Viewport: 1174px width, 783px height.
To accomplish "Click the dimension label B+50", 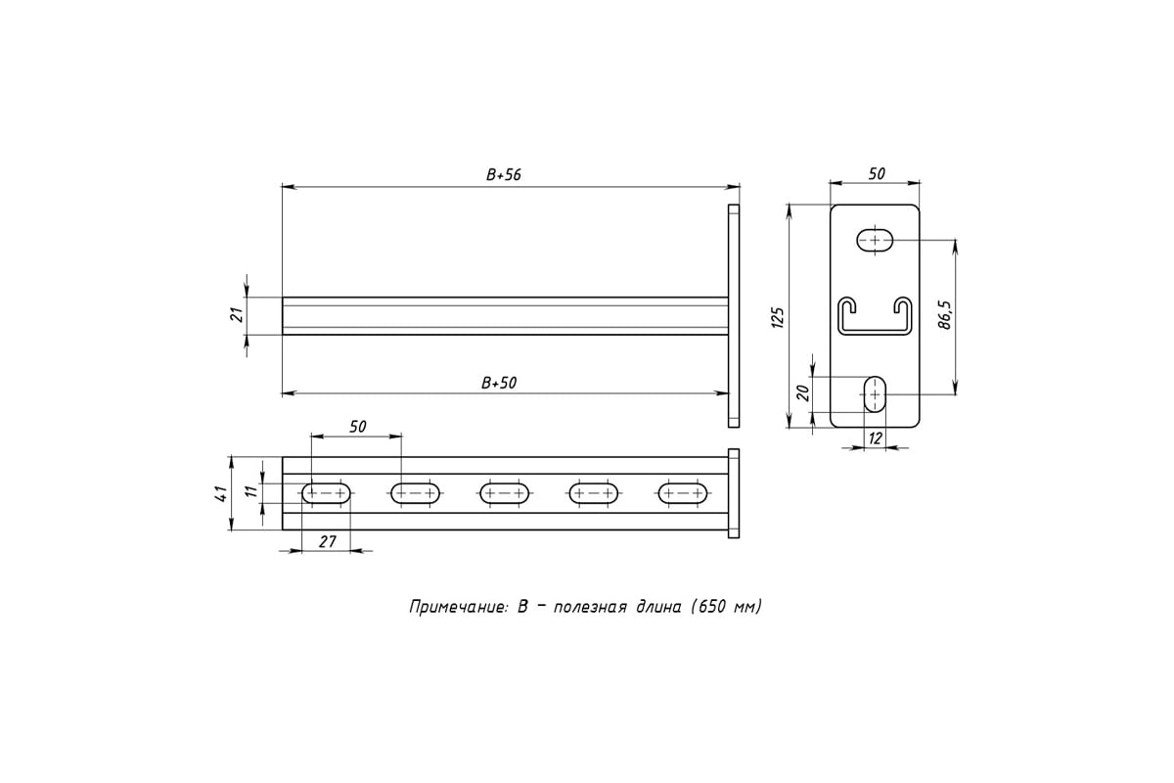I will [499, 384].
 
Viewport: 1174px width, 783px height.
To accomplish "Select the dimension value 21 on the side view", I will [234, 315].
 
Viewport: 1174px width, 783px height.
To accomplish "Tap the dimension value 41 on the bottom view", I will [222, 492].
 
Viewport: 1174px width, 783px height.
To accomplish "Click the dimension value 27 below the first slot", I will [328, 540].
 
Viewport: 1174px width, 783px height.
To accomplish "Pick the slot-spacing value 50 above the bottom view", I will [357, 426].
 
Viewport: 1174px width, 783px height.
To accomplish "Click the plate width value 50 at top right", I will [877, 173].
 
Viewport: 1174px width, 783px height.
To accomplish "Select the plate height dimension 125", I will [778, 316].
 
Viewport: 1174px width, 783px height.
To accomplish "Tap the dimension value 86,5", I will [945, 316].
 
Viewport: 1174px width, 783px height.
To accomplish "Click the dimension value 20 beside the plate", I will [802, 391].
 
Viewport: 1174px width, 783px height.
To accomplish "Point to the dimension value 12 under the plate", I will [875, 438].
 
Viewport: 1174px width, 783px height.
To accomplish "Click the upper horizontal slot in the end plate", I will [875, 240].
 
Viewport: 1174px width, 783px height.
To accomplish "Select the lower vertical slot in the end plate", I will [875, 393].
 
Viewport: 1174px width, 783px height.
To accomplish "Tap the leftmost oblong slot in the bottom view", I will [327, 493].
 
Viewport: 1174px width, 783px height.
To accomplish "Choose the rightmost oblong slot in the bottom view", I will [682, 493].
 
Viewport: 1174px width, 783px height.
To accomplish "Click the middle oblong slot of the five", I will [505, 493].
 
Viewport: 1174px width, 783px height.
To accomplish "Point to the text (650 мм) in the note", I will [725, 608].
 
